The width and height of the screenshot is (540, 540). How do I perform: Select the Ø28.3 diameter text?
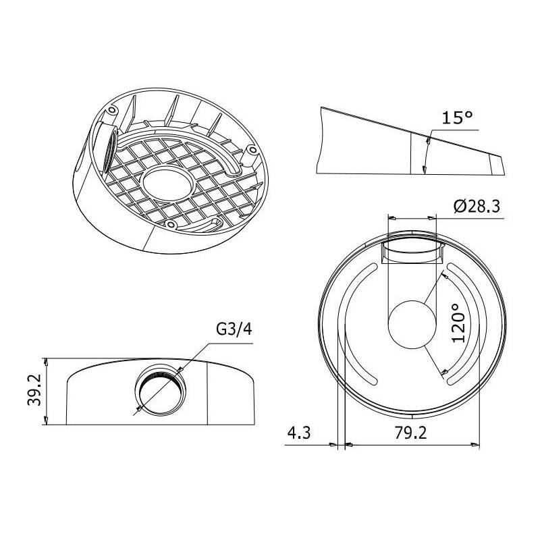coord(477,207)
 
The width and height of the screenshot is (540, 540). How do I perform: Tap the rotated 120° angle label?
coord(460,323)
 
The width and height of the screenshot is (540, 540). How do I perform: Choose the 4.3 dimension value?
coord(298,433)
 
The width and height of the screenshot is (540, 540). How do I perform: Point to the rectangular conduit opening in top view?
coord(411,250)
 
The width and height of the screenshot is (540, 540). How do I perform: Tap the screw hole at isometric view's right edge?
coord(251,149)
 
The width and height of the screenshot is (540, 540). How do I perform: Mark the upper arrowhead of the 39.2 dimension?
coord(45,361)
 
